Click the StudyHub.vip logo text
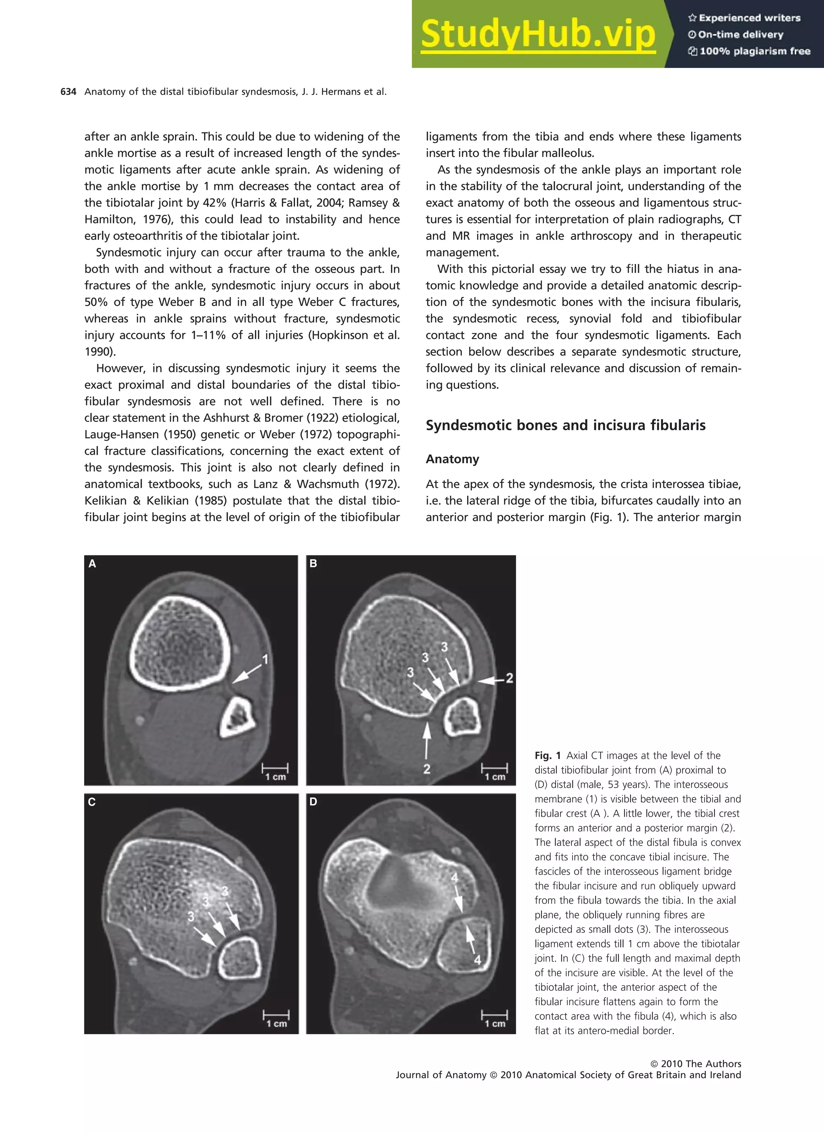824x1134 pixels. pyautogui.click(x=538, y=34)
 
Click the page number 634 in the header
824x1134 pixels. pyautogui.click(x=68, y=92)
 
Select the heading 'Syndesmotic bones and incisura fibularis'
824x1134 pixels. pyautogui.click(x=566, y=425)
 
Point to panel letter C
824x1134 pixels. pyautogui.click(x=91, y=802)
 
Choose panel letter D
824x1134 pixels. pyautogui.click(x=313, y=802)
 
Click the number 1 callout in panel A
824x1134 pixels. pyautogui.click(x=266, y=660)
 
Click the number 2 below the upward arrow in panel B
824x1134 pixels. pyautogui.click(x=426, y=769)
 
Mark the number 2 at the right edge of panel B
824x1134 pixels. pyautogui.click(x=509, y=678)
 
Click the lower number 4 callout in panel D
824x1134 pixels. pyautogui.click(x=477, y=960)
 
